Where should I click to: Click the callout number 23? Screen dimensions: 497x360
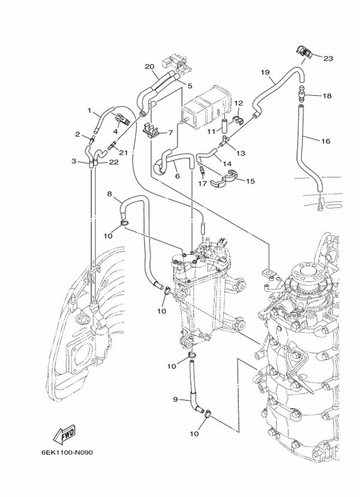(x=328, y=58)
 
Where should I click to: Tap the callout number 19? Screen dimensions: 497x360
(x=265, y=72)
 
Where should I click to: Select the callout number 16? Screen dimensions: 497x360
(x=326, y=141)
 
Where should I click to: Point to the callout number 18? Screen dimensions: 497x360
(x=327, y=96)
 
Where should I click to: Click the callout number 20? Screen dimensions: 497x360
(x=149, y=66)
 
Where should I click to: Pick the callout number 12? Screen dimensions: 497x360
(x=238, y=103)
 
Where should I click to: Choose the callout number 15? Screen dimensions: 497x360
(x=250, y=180)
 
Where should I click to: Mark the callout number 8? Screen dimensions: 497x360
(x=110, y=194)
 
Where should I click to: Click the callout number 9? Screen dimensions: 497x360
(x=176, y=399)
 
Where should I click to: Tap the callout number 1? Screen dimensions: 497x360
(x=89, y=110)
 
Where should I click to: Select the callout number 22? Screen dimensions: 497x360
(x=113, y=162)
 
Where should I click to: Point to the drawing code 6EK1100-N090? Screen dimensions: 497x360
(x=71, y=453)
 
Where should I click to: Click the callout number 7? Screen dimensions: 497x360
(x=170, y=132)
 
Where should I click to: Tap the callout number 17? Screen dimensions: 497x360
(x=203, y=183)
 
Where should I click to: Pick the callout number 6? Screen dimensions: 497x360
(x=178, y=176)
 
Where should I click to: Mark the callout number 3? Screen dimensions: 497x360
(x=73, y=161)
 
